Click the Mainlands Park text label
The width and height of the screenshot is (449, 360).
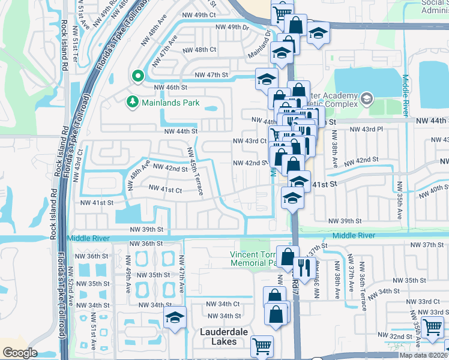(x=170, y=103)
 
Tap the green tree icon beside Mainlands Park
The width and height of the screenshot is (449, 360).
(x=132, y=103)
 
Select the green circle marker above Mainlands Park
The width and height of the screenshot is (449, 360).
(x=137, y=76)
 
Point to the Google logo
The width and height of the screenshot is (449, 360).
(x=20, y=353)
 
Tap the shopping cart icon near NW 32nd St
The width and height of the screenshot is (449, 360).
(x=433, y=327)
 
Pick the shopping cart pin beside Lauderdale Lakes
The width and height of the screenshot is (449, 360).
(x=262, y=345)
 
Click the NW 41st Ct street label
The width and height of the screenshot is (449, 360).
(x=165, y=190)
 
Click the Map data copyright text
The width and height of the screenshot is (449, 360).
(x=423, y=355)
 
